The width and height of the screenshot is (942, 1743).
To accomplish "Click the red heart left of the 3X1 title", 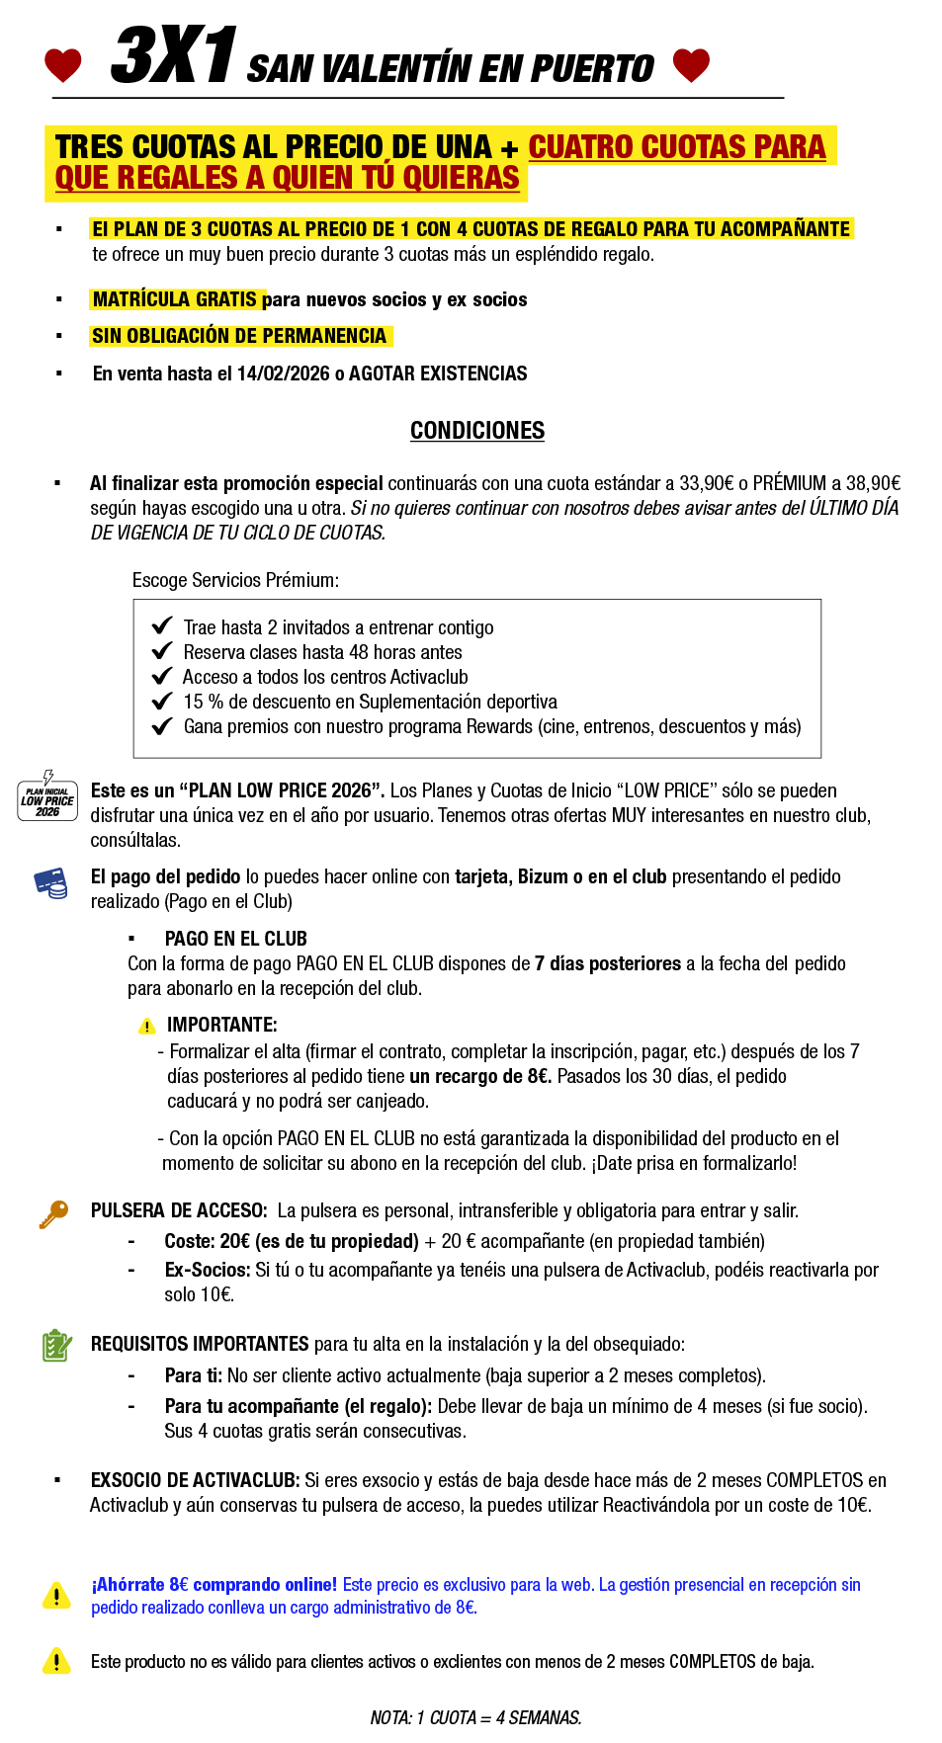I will pyautogui.click(x=63, y=65).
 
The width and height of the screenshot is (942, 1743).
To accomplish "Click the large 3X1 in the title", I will pyautogui.click(x=174, y=55).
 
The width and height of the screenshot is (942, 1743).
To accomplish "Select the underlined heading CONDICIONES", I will pyautogui.click(x=477, y=431).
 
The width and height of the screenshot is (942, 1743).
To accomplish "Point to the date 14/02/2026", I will pyautogui.click(x=284, y=373).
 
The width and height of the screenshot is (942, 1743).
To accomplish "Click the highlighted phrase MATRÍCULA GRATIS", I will pyautogui.click(x=175, y=299).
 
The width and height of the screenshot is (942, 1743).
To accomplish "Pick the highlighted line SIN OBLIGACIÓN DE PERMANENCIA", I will pyautogui.click(x=239, y=336).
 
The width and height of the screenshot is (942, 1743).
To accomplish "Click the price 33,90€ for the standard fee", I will pyautogui.click(x=706, y=483).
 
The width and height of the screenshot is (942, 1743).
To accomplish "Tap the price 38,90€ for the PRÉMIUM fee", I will pyautogui.click(x=873, y=483).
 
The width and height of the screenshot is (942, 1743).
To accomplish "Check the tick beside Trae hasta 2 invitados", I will pyautogui.click(x=162, y=626).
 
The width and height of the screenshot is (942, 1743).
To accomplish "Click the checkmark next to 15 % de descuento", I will pyautogui.click(x=162, y=702).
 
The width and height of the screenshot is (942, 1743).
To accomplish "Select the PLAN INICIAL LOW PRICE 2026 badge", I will pyautogui.click(x=47, y=798).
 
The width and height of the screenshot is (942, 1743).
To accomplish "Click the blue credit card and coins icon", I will pyautogui.click(x=50, y=882).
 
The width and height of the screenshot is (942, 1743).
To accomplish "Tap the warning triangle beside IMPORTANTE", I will pyautogui.click(x=147, y=1027).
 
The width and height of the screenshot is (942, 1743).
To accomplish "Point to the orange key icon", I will pyautogui.click(x=53, y=1213).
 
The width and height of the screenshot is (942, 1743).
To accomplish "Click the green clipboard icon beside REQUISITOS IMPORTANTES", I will pyautogui.click(x=56, y=1345).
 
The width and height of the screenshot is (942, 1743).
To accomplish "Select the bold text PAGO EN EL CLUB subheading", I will pyautogui.click(x=235, y=939).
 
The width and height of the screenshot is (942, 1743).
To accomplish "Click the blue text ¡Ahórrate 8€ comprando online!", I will pyautogui.click(x=214, y=1585).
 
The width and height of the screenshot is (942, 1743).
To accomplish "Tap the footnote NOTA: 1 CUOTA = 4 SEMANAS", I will pyautogui.click(x=475, y=1717).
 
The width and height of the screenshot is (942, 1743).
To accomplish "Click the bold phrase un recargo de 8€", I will pyautogui.click(x=480, y=1076).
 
